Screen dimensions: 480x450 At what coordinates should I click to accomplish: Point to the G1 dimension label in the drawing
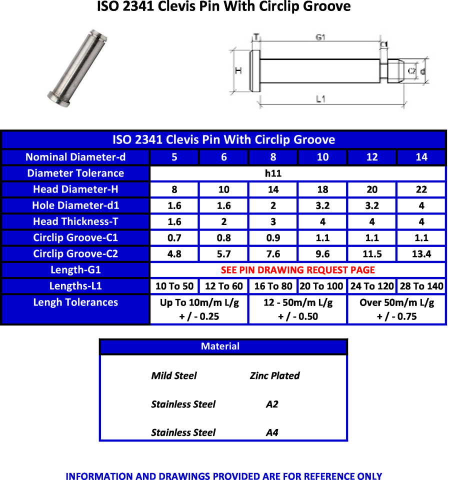point(320,37)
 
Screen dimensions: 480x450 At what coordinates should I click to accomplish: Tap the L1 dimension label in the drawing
point(321,99)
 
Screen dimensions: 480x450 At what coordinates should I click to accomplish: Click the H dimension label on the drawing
point(238,71)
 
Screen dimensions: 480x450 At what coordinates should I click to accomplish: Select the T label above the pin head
point(256,37)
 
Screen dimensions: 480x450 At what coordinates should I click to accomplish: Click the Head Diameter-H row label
point(75,189)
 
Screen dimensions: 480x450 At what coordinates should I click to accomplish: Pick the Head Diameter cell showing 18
point(322,189)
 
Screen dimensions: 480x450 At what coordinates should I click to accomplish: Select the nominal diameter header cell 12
point(372,157)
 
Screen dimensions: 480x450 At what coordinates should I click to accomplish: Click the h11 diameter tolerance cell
point(273,173)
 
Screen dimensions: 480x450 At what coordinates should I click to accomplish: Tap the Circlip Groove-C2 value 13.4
point(421,254)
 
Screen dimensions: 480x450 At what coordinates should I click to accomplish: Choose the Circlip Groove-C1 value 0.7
point(174,238)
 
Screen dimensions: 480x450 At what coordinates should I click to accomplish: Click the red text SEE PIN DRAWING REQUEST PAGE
point(297,270)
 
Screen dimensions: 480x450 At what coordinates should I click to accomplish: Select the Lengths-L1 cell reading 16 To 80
point(273,286)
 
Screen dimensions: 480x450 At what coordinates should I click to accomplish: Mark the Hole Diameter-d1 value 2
point(273,205)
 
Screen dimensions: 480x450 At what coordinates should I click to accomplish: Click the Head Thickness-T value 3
point(273,221)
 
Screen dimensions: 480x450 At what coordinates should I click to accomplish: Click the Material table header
point(223,346)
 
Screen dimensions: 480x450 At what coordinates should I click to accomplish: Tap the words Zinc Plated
point(274,376)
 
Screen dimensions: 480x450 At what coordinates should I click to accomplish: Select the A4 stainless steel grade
point(271,432)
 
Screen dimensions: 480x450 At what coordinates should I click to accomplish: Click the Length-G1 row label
point(75,270)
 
